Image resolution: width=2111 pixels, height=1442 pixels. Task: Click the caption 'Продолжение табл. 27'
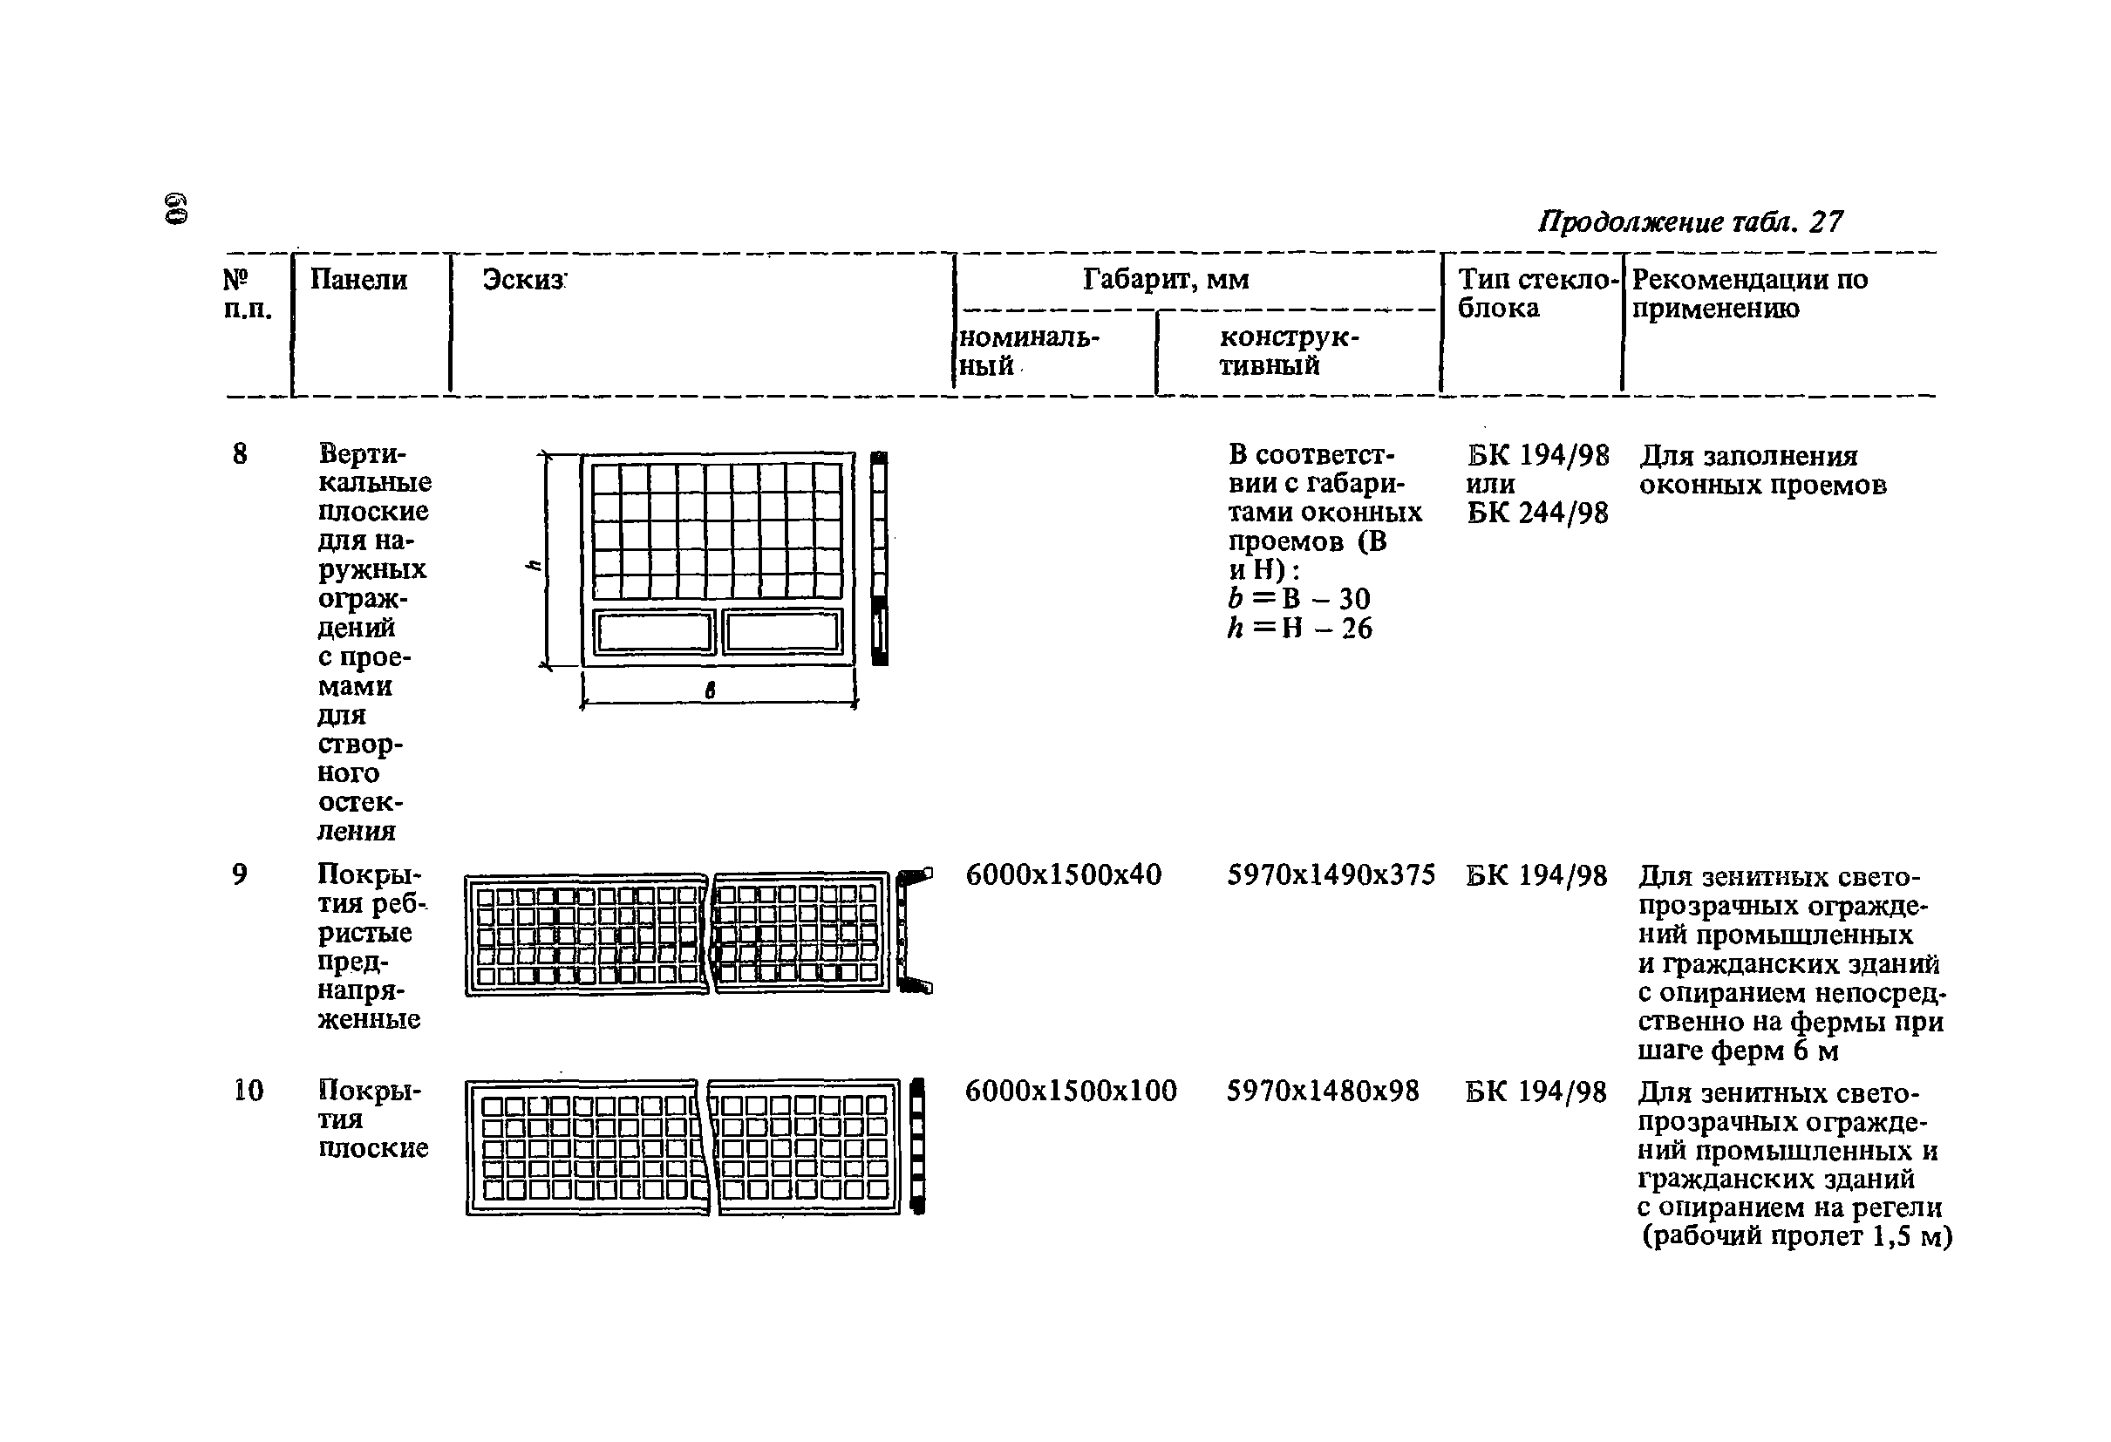[1690, 221]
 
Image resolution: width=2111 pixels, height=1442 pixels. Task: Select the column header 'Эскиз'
[523, 280]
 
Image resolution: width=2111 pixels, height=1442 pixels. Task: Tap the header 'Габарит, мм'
[1166, 279]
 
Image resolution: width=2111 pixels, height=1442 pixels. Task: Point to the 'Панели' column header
[358, 280]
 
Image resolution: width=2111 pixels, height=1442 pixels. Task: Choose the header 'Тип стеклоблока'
[1538, 293]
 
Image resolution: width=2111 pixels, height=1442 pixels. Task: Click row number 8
[240, 454]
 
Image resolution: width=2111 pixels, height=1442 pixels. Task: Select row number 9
[240, 874]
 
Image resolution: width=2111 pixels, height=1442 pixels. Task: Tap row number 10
[248, 1091]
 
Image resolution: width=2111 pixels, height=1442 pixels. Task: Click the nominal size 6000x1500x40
[1063, 874]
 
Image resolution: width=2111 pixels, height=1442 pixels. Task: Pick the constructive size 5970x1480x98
[1323, 1091]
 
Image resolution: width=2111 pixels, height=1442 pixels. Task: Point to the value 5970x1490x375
[1331, 874]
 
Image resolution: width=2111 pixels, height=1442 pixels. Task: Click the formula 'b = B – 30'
[1299, 598]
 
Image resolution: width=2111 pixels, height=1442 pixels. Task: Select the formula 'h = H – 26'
[1299, 629]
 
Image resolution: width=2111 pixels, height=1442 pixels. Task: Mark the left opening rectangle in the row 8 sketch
[654, 632]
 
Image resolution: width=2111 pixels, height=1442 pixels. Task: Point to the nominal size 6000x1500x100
[1070, 1091]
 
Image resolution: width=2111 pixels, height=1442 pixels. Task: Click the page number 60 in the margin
[176, 208]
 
